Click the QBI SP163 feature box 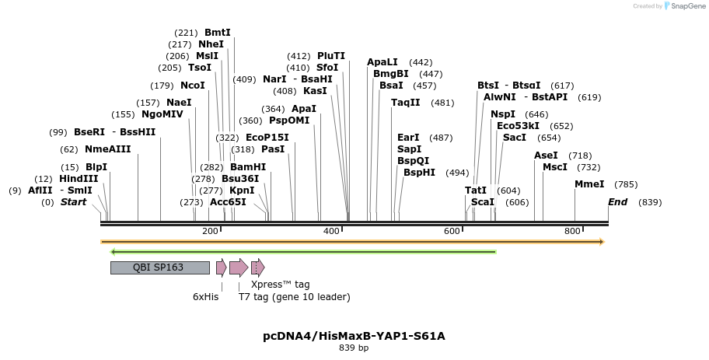click(x=159, y=267)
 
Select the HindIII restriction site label click(x=79, y=179)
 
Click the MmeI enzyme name click(x=589, y=184)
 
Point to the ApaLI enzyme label click(x=382, y=62)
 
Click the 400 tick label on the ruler click(x=331, y=232)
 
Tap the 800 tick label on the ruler click(x=573, y=232)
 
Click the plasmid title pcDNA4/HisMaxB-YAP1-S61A click(x=354, y=336)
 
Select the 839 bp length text click(x=354, y=348)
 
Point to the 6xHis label click(x=206, y=297)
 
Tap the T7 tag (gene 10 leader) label click(x=294, y=297)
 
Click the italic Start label click(x=74, y=202)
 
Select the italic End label click(x=618, y=202)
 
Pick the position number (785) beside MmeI click(x=626, y=184)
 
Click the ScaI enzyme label click(x=483, y=202)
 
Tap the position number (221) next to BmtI click(x=187, y=33)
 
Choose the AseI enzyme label click(x=546, y=156)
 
